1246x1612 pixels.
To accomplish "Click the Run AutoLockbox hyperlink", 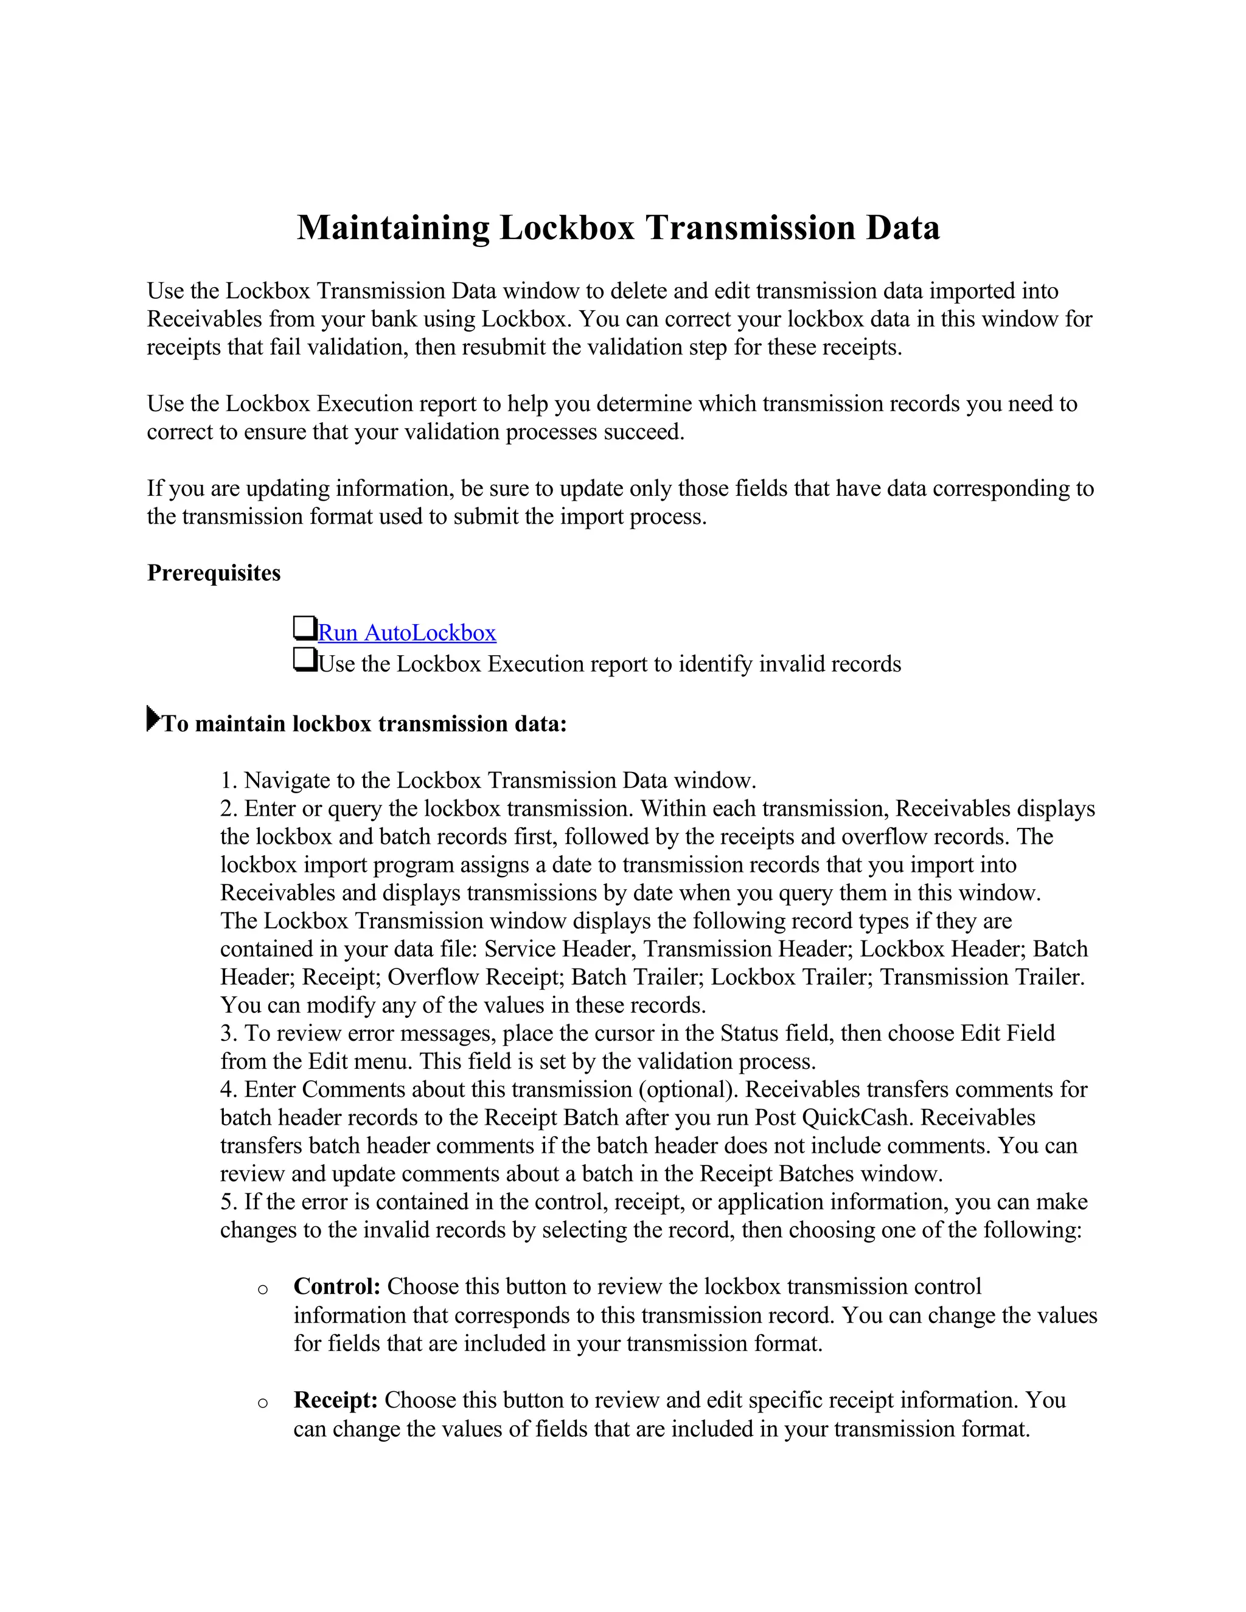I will (407, 633).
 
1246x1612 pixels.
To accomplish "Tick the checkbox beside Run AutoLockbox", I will (304, 628).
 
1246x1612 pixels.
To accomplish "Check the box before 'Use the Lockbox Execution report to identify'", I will (304, 659).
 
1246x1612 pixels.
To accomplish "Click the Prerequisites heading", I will (214, 573).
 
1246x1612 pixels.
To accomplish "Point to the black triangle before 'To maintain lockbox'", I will (153, 718).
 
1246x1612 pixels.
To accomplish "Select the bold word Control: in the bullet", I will (336, 1287).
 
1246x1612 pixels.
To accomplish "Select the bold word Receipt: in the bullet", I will (336, 1400).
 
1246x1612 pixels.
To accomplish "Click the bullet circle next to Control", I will (263, 1290).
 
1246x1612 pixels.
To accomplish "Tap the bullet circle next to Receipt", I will (263, 1403).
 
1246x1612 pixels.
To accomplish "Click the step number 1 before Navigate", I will (226, 780).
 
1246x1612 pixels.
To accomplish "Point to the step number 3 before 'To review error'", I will (226, 1034).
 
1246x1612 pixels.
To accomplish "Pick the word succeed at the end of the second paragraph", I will (641, 432).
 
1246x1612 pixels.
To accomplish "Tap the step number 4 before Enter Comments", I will (226, 1089).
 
